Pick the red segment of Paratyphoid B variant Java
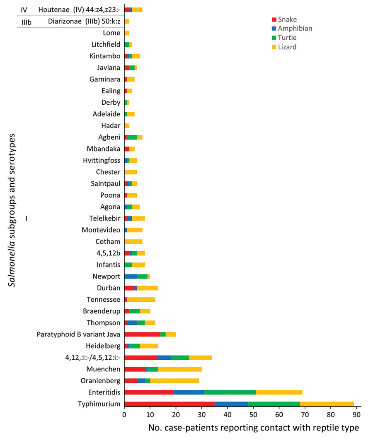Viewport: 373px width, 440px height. point(142,334)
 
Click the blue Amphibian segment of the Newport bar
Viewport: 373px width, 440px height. point(131,276)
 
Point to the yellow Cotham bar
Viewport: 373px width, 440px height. point(133,241)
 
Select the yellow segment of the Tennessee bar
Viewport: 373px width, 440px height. point(141,299)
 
